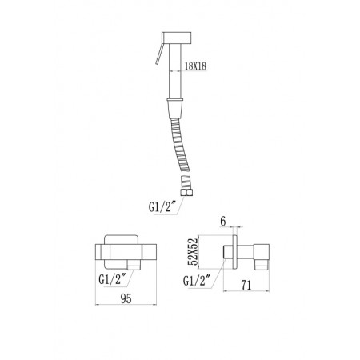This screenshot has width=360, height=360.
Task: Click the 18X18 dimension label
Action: click(195, 66)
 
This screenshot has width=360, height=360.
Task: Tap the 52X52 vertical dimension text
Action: click(193, 251)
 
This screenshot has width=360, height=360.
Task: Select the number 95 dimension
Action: click(126, 298)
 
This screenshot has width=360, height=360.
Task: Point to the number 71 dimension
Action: click(246, 285)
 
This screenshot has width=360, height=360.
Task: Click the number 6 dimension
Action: click(223, 221)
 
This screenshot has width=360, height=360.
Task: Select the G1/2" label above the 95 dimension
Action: click(112, 279)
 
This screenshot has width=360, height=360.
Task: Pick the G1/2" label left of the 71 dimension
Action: click(197, 281)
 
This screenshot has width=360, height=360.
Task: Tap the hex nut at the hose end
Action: click(186, 192)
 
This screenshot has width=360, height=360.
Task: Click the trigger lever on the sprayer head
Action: click(158, 54)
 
